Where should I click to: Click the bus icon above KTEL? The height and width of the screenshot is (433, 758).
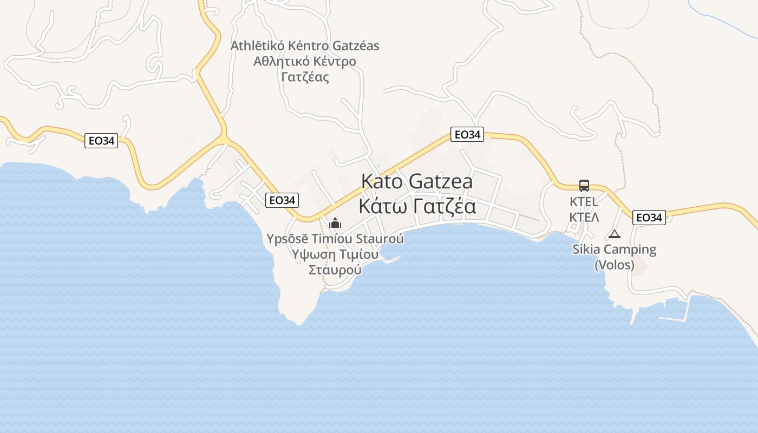point(584,186)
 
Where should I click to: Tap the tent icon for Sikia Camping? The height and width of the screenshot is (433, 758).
point(614,234)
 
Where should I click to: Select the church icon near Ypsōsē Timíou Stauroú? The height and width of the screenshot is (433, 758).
point(335,222)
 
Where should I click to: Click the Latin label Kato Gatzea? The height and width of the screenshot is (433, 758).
point(416,181)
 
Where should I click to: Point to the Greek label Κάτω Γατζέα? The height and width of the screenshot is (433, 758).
point(416,206)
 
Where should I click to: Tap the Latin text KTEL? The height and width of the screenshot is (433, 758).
point(584,202)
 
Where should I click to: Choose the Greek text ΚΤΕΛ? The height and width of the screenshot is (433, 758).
point(584,218)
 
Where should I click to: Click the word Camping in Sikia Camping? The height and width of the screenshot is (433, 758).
point(630,250)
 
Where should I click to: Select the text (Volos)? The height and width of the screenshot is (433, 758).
point(615,265)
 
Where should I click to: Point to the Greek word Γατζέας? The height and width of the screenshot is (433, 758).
point(305,77)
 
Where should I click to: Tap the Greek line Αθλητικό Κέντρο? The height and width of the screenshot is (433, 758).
point(305,61)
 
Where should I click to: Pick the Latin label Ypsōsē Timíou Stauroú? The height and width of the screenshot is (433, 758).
point(335,239)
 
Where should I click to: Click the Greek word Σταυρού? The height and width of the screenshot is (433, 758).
point(335,270)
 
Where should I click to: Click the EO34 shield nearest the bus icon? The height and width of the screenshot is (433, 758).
point(649,218)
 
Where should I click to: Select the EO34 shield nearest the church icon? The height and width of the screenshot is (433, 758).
point(282,200)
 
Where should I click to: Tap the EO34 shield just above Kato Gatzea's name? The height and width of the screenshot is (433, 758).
point(467,135)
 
